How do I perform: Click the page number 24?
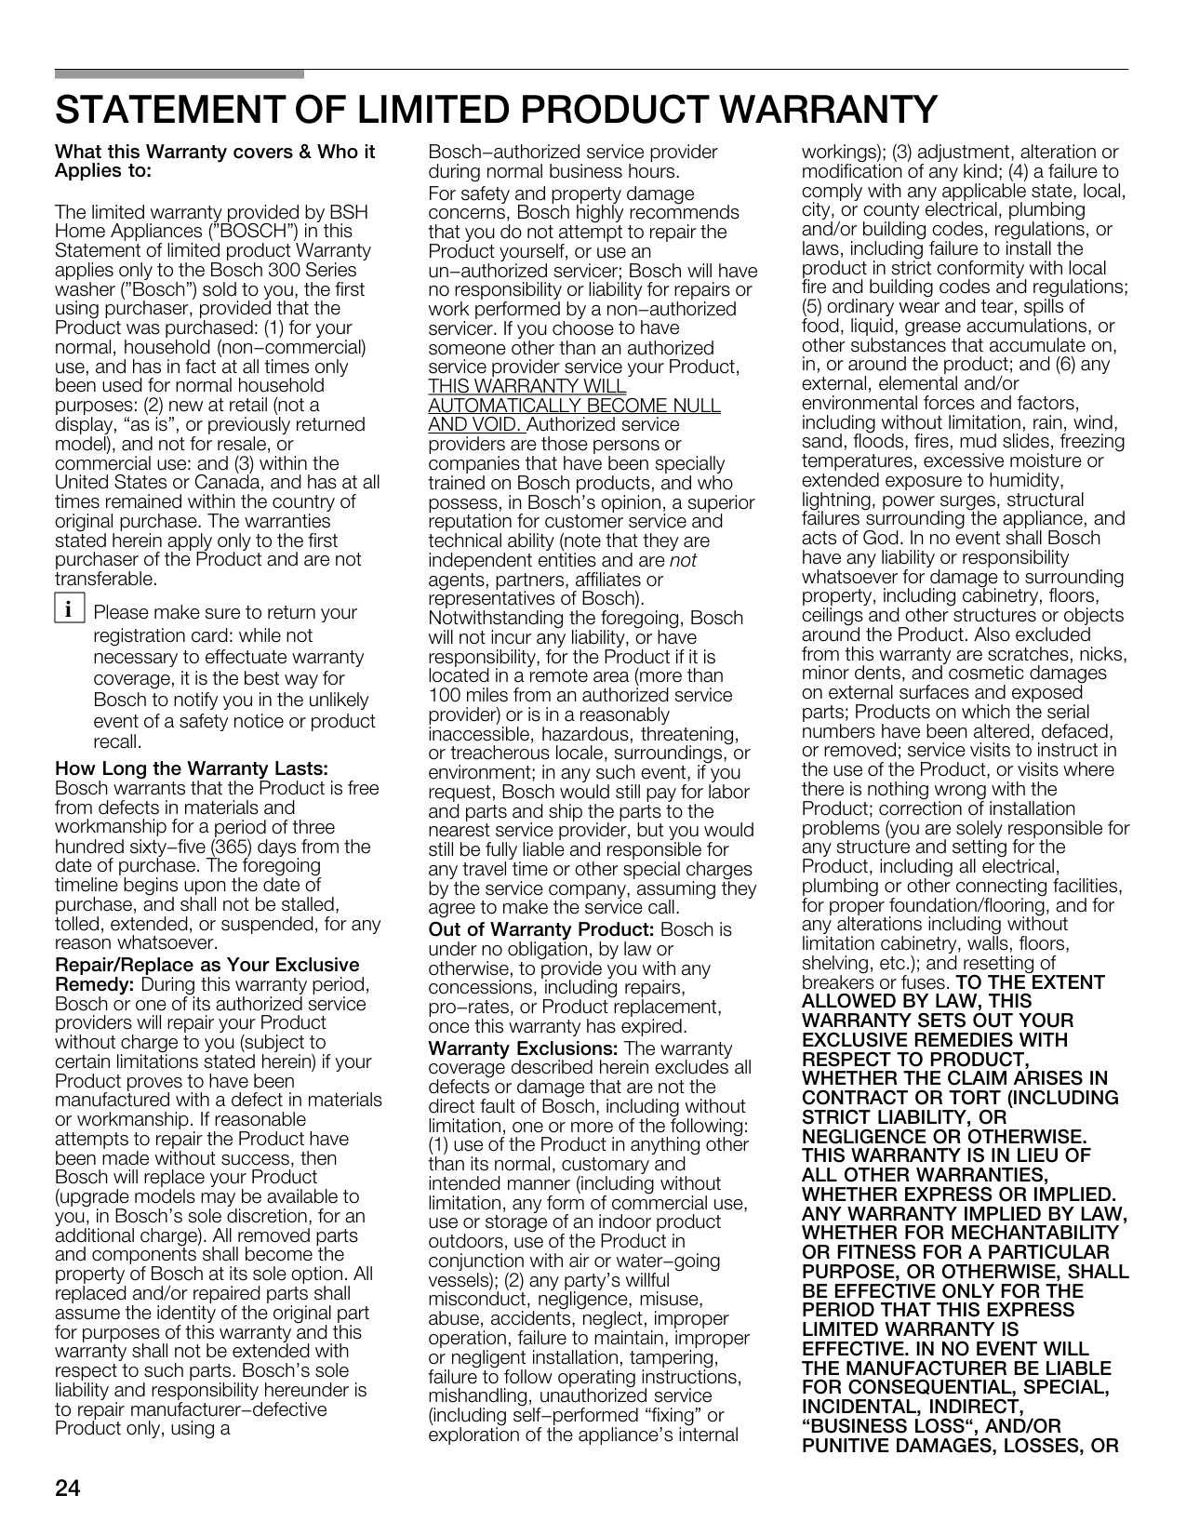68,1488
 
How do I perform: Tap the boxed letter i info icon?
67,611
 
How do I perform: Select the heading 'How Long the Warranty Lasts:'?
192,768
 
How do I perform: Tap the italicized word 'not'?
683,560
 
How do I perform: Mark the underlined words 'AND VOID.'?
476,425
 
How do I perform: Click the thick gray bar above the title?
179,73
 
